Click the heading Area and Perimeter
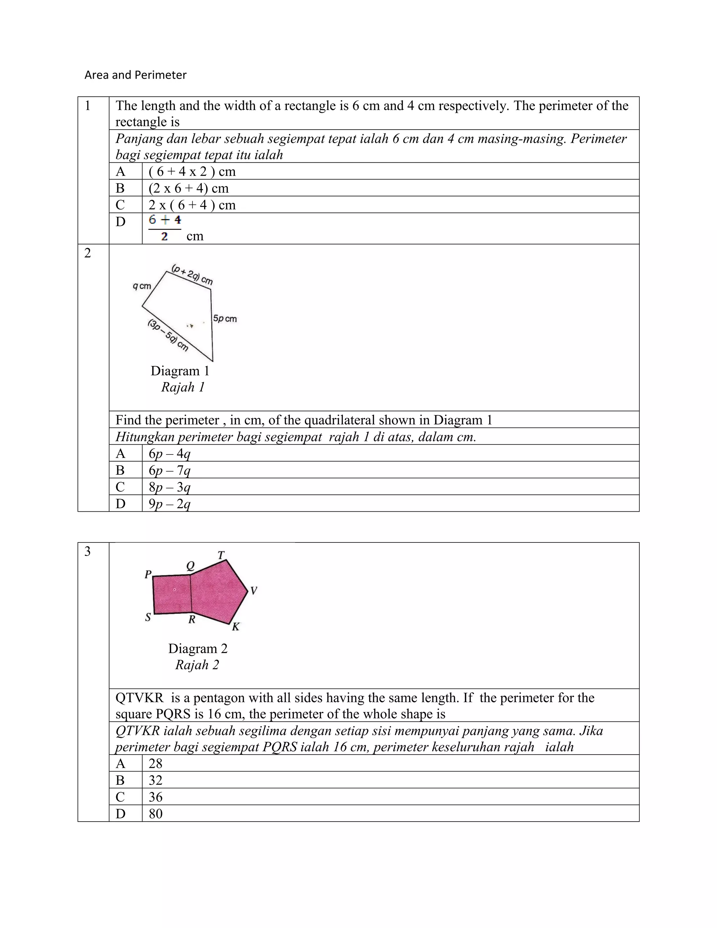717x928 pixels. click(x=135, y=75)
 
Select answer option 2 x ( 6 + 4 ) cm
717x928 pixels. click(x=192, y=205)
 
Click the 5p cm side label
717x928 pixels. click(x=225, y=319)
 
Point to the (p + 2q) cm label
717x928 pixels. click(x=192, y=275)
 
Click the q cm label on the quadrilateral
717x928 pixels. click(x=142, y=286)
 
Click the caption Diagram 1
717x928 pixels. click(x=180, y=371)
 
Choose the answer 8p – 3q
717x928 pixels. click(x=169, y=487)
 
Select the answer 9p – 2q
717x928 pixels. click(x=169, y=504)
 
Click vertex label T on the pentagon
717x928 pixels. click(x=221, y=555)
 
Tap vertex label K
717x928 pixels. click(x=236, y=627)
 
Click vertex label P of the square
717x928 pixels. click(x=148, y=574)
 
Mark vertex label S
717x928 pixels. click(x=148, y=617)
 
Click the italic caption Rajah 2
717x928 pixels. click(x=197, y=665)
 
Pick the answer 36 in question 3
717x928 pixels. click(x=155, y=797)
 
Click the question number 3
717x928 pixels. click(x=88, y=552)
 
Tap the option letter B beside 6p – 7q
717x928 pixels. click(x=120, y=470)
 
